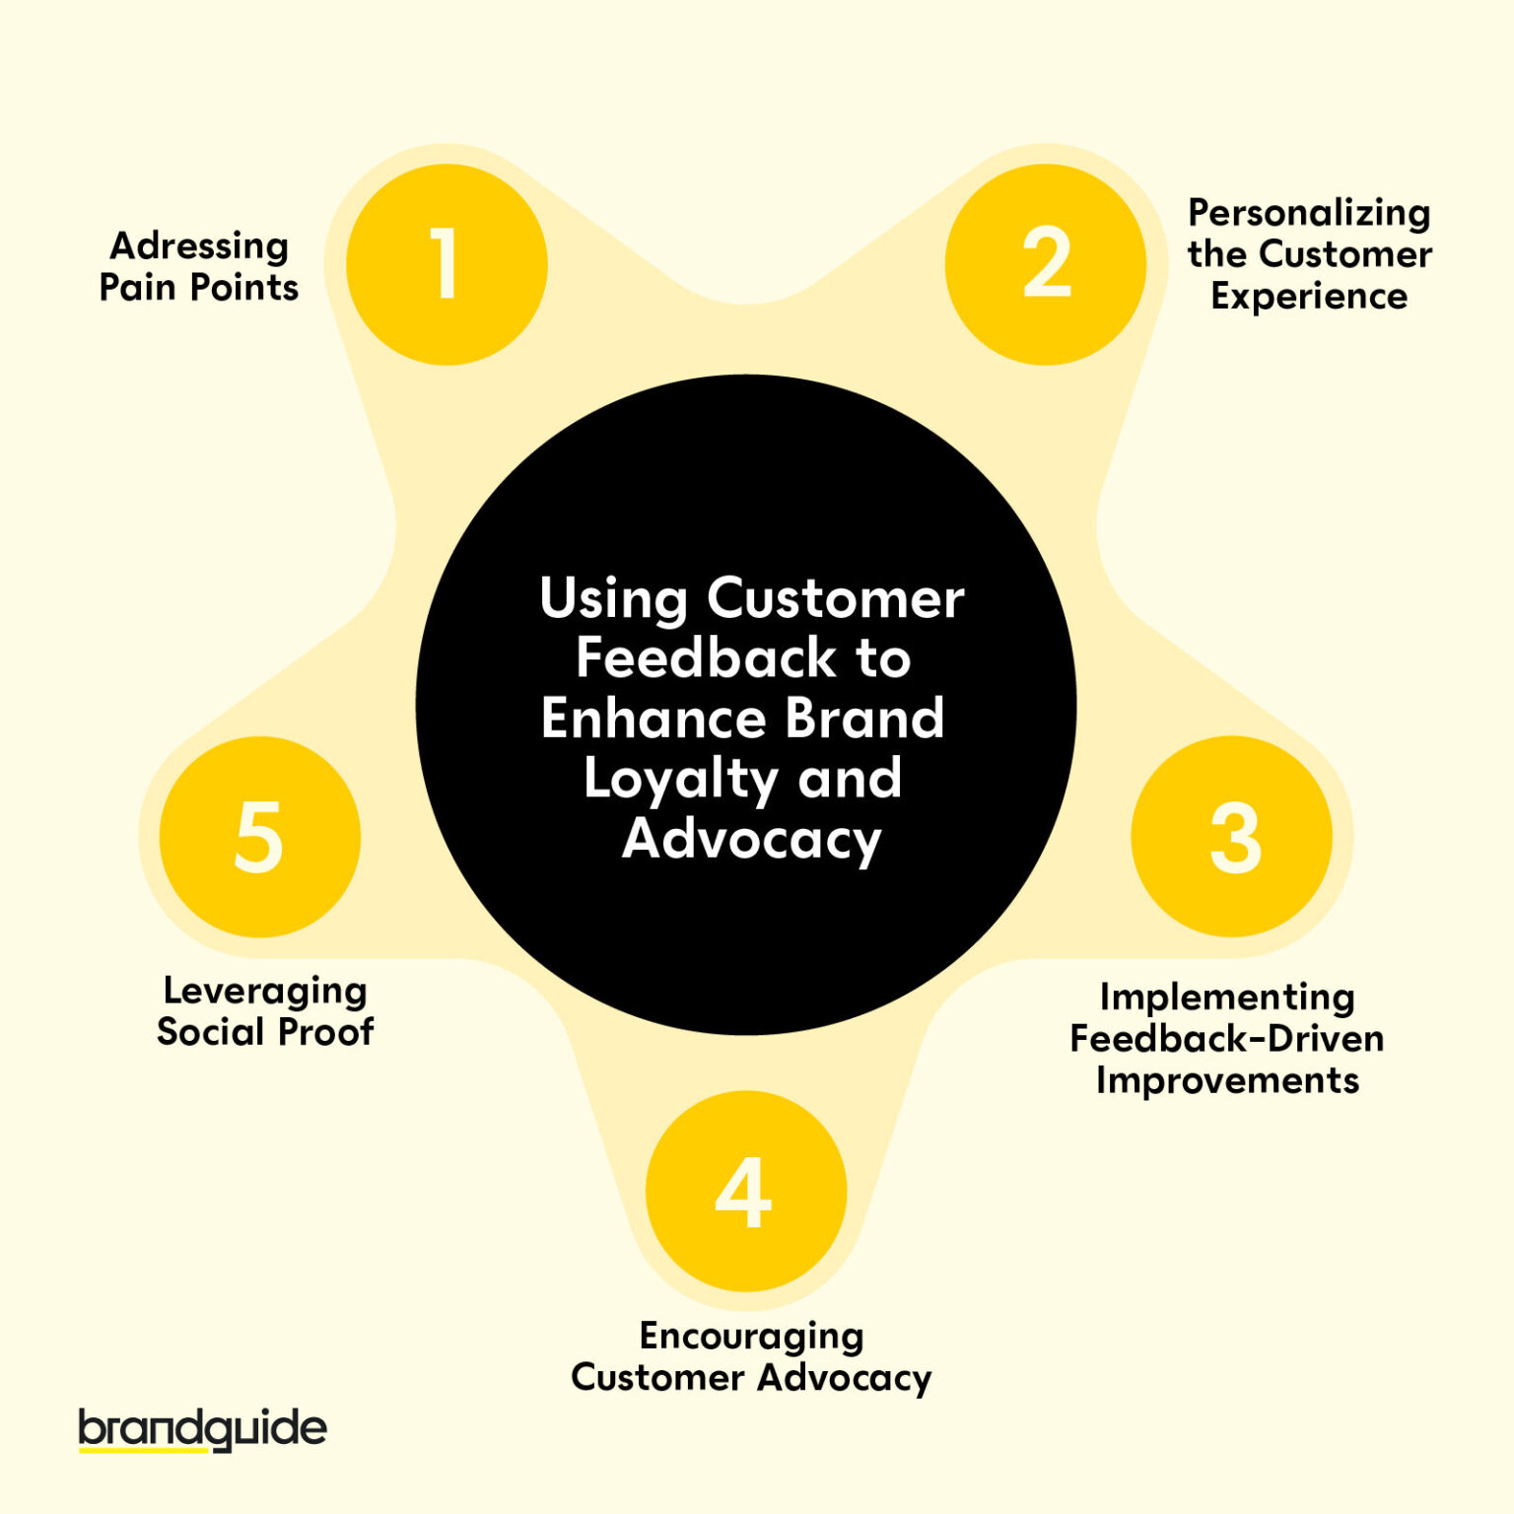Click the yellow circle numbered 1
[447, 264]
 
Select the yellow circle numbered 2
[1045, 264]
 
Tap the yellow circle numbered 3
[1232, 837]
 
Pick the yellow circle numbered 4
[746, 1192]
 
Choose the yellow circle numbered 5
[260, 837]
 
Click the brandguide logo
[202, 1429]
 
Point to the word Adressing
[199, 246]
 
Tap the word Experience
[1309, 296]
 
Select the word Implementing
[1227, 998]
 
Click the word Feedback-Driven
[1227, 1038]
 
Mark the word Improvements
[1227, 1080]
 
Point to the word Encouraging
[751, 1337]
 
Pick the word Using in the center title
[613, 599]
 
